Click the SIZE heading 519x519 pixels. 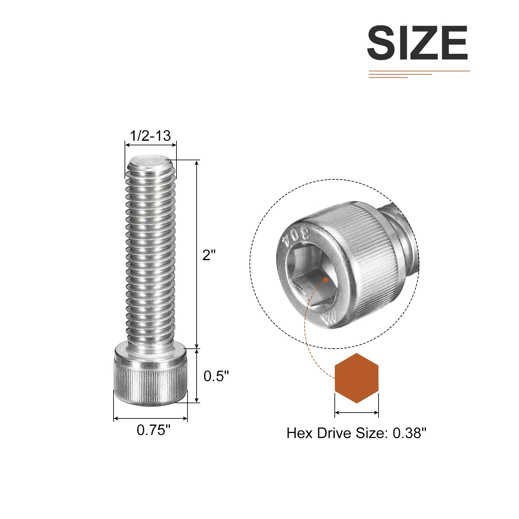(x=417, y=43)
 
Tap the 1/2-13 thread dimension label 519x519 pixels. (x=150, y=136)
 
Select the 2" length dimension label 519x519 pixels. (x=209, y=255)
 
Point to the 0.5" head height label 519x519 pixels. (x=216, y=376)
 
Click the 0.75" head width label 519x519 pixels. (x=153, y=430)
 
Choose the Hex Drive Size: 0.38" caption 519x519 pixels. (x=356, y=433)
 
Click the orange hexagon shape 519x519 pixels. (x=356, y=378)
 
